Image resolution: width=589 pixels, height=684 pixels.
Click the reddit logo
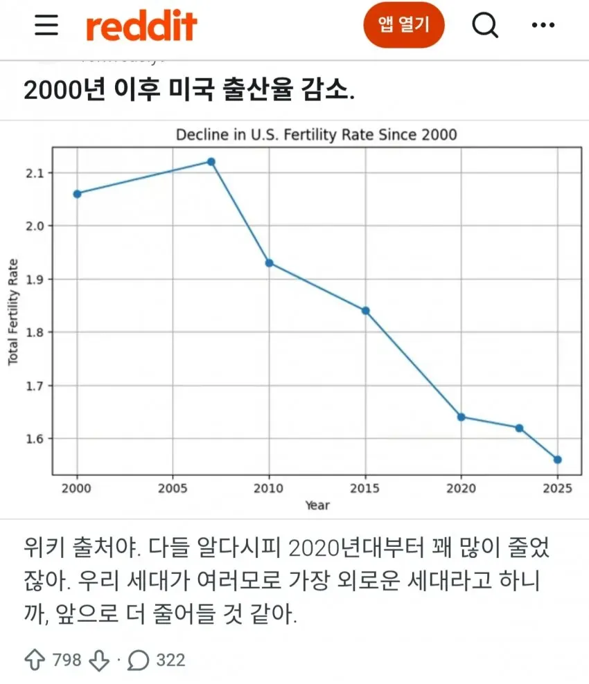[x=141, y=26]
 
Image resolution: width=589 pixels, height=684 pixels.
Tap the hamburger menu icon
[x=46, y=24]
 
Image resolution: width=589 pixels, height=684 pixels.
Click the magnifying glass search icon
[x=485, y=26]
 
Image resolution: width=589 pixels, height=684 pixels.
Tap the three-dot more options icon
[x=543, y=25]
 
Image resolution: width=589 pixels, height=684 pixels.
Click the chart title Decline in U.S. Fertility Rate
[x=316, y=135]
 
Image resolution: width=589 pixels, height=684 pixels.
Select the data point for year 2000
[x=78, y=194]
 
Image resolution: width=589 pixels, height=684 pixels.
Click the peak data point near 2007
[x=211, y=162]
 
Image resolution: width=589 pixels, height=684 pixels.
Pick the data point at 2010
[x=270, y=263]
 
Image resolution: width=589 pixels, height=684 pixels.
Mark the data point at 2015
[x=365, y=311]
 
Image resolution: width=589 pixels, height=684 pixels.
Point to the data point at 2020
[x=461, y=417]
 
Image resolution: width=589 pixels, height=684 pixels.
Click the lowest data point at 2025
[x=558, y=460]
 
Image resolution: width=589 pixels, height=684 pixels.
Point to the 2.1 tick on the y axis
[x=35, y=173]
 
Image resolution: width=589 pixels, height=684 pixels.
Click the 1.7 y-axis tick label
[x=35, y=386]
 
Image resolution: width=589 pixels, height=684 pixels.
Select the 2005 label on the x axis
[x=173, y=488]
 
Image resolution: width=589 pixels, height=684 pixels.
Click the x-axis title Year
[x=317, y=505]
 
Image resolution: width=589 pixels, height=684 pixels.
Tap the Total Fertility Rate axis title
[x=13, y=312]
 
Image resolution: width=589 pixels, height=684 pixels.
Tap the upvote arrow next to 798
[x=35, y=660]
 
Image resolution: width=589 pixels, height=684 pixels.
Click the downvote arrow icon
[x=99, y=660]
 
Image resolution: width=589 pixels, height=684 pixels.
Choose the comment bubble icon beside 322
[x=139, y=660]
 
